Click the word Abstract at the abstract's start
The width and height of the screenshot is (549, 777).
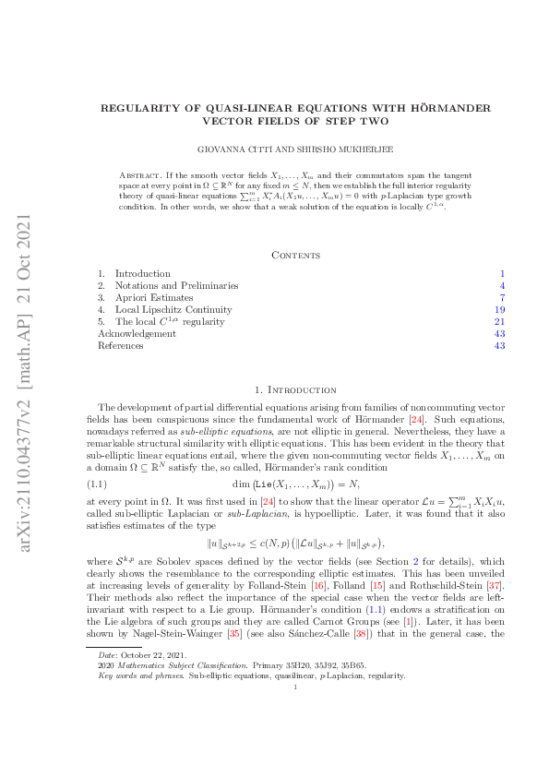coord(140,174)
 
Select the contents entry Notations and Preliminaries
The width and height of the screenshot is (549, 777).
coord(176,286)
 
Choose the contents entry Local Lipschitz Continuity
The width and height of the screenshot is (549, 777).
coord(173,310)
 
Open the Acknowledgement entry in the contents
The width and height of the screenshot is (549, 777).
coord(137,334)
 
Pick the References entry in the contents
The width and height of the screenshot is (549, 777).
coord(120,346)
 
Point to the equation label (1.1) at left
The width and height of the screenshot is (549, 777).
coord(97,483)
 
